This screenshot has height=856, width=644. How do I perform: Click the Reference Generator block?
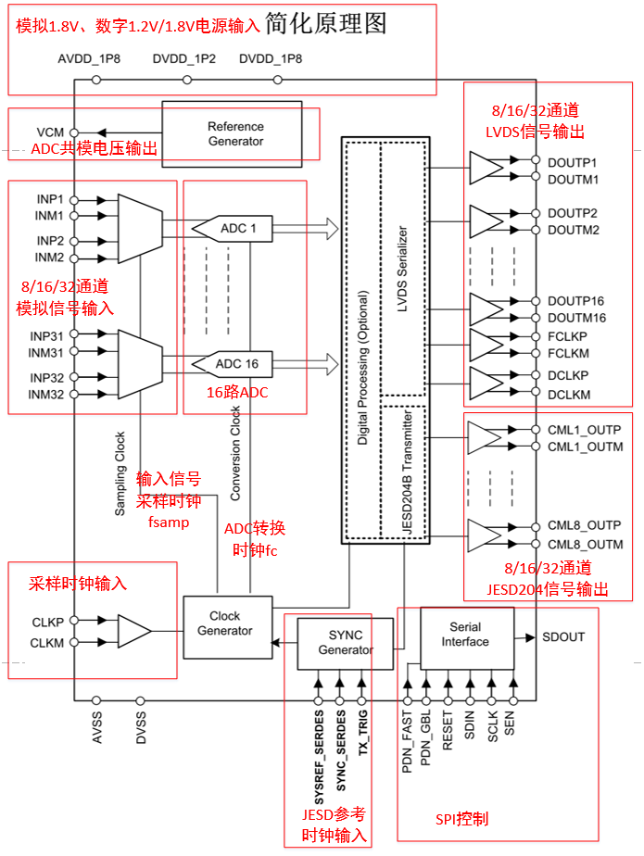click(234, 133)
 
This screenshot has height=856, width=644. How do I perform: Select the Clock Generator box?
click(224, 623)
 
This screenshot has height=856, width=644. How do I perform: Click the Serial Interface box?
click(464, 634)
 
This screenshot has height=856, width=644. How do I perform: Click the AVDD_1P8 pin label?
click(90, 59)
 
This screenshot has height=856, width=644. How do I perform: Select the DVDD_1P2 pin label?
click(184, 59)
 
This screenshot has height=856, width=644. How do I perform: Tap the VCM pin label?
click(50, 132)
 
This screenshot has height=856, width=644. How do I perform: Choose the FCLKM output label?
click(568, 353)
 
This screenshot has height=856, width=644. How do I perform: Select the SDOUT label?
click(563, 637)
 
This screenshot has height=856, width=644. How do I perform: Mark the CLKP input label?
click(47, 622)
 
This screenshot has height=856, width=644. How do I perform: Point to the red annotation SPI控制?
click(461, 819)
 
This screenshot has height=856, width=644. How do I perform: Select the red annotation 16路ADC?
click(237, 393)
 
